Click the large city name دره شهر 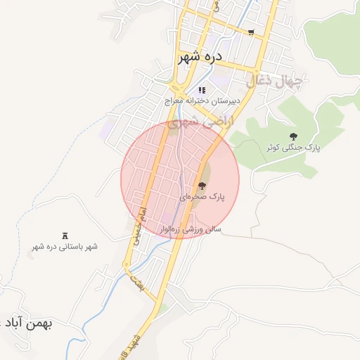click(200, 56)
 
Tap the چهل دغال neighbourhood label click(274, 82)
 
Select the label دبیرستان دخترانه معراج click(202, 101)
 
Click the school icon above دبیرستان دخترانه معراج click(202, 90)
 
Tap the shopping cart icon click(251, 32)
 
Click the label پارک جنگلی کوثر click(293, 148)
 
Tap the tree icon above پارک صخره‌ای click(202, 186)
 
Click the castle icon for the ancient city click(65, 235)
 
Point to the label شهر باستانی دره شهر click(65, 247)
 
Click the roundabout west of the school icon click(180, 94)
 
